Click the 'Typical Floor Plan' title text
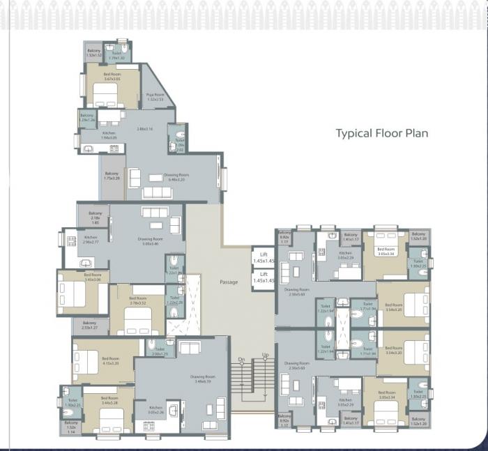[x=381, y=133]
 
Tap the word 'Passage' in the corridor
[x=229, y=282]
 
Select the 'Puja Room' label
[x=155, y=97]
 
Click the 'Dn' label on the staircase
[x=241, y=360]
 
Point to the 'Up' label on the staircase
[x=265, y=356]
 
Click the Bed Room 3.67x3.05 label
[x=112, y=77]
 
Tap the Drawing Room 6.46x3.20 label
[x=176, y=177]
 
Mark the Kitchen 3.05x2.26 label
[x=155, y=410]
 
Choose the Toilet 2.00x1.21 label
[x=160, y=352]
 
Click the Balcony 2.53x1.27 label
[x=89, y=325]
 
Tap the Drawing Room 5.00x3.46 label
[x=146, y=240]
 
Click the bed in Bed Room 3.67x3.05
[x=105, y=94]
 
